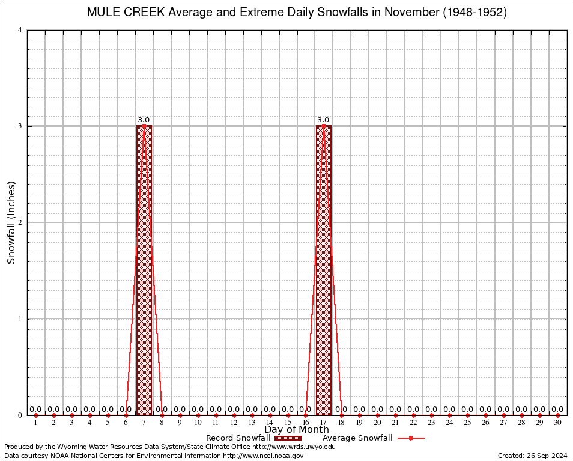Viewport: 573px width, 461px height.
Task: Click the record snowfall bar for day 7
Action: [144, 270]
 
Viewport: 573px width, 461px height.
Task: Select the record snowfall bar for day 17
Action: [323, 270]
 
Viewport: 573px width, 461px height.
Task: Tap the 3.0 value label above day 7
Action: [144, 120]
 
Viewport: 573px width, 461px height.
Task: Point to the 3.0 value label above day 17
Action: [323, 120]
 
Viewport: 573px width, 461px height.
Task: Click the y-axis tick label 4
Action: [20, 30]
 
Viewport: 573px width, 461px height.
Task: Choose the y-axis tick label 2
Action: [20, 223]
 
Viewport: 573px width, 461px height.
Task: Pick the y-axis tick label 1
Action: [20, 319]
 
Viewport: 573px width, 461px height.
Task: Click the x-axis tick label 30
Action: [557, 423]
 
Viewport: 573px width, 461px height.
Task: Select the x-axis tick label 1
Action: [35, 423]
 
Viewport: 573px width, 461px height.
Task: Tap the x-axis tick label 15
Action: [288, 423]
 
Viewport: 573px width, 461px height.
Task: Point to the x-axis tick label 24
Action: [449, 423]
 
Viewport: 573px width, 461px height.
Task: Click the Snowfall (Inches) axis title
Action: [11, 223]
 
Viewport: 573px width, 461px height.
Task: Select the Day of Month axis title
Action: [297, 430]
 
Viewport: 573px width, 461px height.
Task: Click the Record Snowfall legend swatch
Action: [288, 438]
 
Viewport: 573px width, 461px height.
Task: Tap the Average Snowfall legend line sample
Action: [411, 438]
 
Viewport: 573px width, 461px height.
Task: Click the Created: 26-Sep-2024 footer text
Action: [532, 456]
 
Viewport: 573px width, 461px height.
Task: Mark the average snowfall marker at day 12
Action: [234, 415]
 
